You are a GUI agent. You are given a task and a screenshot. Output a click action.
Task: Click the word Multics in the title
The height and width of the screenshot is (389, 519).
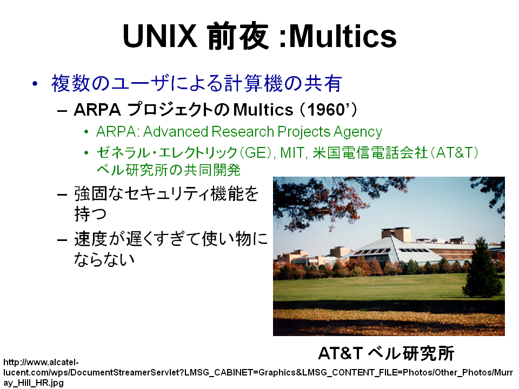(343, 36)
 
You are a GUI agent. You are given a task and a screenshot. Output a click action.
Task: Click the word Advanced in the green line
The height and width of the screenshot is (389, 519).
(176, 132)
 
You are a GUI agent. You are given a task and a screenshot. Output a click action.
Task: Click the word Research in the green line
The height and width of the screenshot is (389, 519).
(243, 132)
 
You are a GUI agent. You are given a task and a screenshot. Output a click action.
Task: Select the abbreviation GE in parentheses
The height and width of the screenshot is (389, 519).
(255, 153)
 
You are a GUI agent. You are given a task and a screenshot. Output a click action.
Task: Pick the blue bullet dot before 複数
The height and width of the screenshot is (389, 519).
(35, 83)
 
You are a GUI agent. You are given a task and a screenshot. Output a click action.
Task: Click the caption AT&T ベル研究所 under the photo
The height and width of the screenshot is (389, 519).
(386, 353)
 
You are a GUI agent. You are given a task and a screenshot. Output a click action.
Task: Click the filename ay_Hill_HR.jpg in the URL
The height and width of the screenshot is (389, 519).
(34, 383)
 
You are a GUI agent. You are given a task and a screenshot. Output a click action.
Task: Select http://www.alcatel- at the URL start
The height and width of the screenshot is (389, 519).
(41, 362)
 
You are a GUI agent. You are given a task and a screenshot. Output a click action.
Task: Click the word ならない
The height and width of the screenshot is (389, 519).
(104, 259)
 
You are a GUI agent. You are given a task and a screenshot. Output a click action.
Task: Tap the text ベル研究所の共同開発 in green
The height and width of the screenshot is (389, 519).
(169, 170)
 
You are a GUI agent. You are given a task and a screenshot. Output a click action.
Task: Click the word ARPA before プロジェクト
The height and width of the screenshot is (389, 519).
(97, 110)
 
